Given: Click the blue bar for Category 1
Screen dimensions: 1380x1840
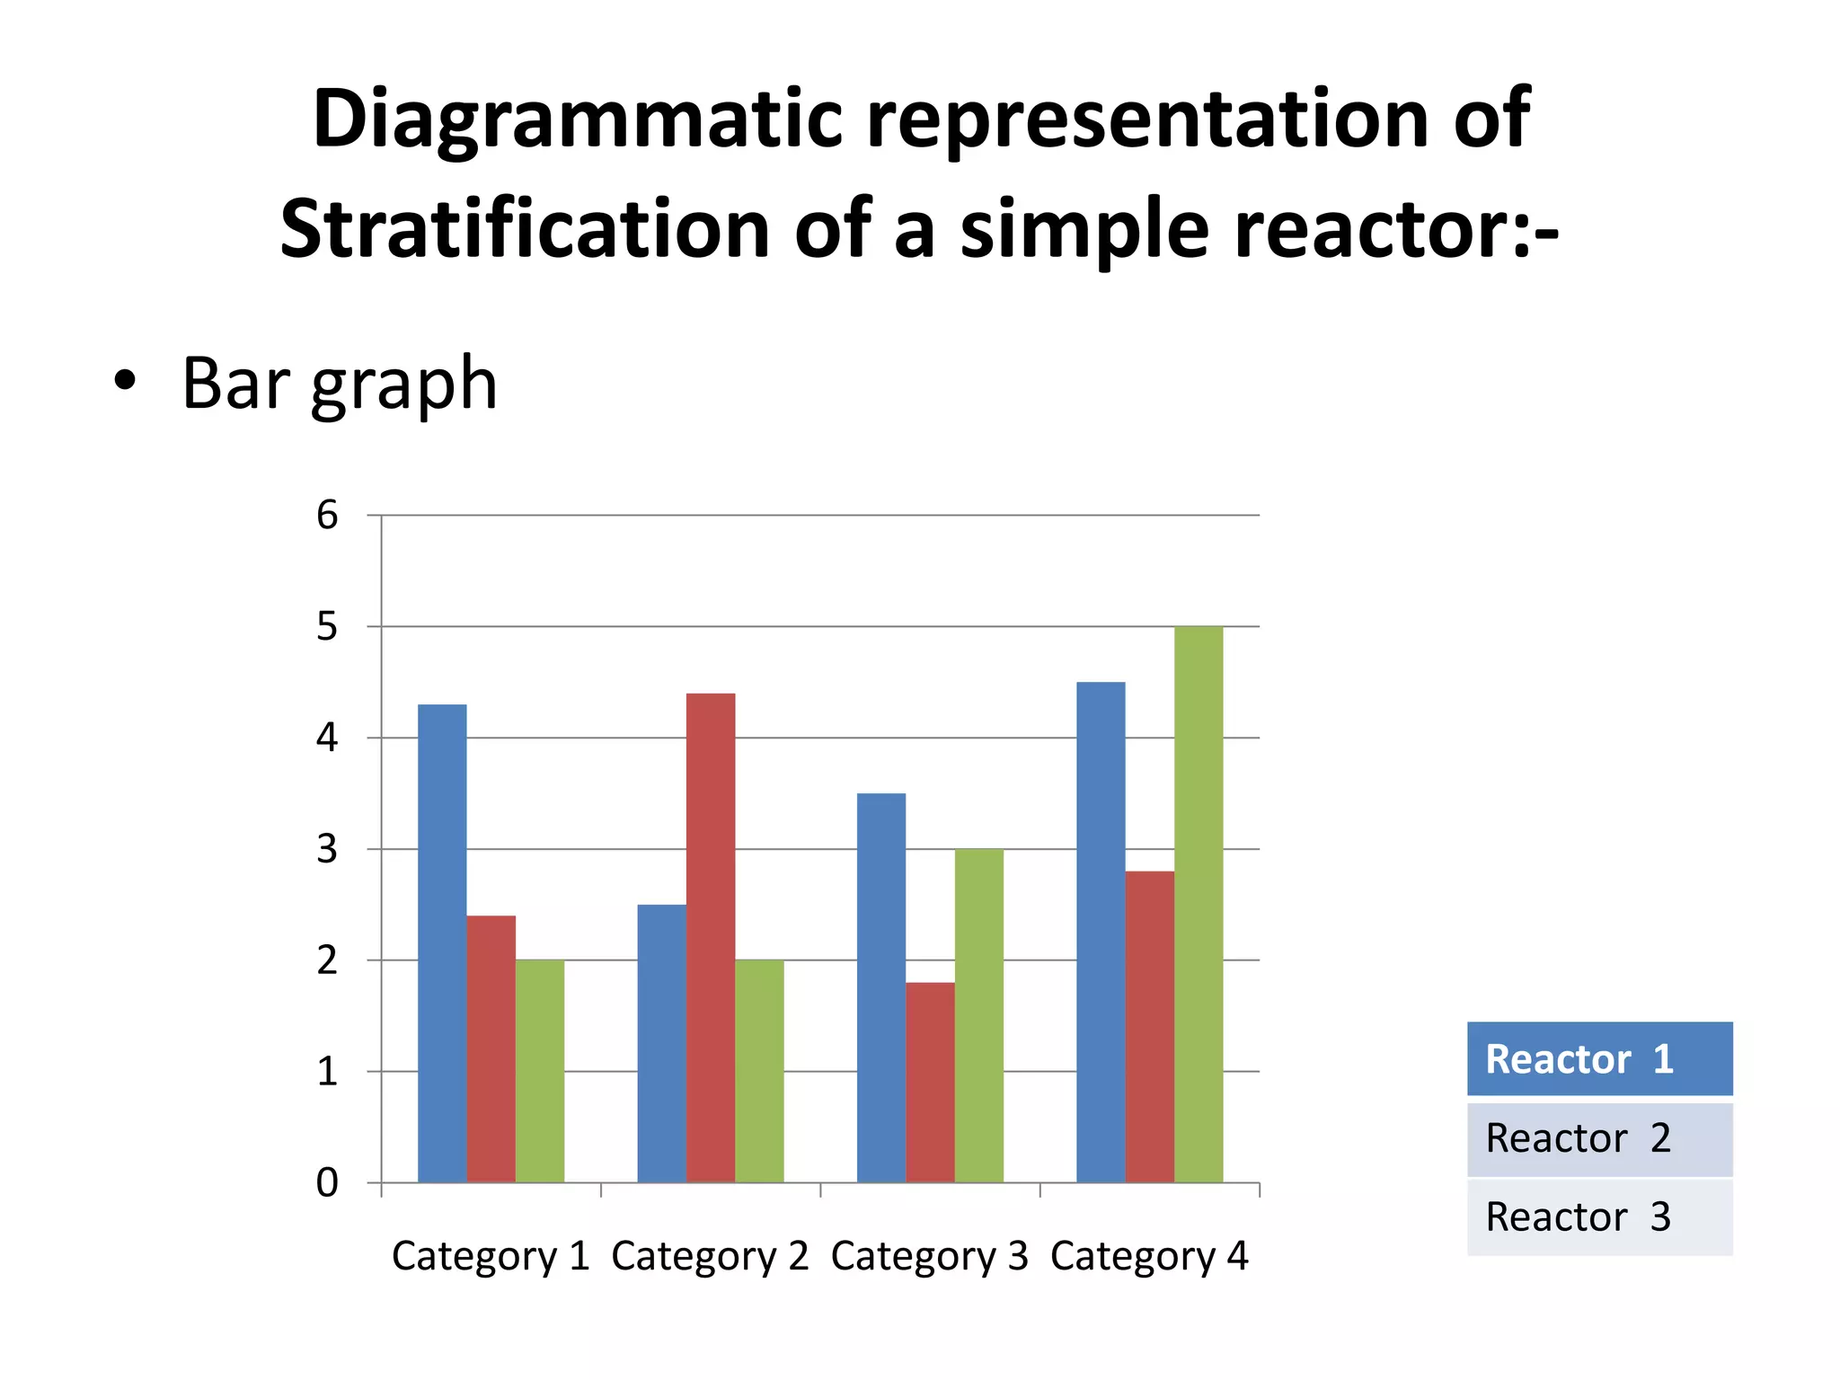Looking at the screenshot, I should (x=442, y=943).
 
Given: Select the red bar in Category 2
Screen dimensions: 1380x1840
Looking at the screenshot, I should (x=711, y=938).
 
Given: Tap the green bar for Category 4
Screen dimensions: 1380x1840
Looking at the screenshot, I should (x=1199, y=904).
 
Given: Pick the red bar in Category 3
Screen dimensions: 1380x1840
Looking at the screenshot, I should (x=930, y=1082).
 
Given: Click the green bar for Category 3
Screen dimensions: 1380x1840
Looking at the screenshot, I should (x=979, y=1015).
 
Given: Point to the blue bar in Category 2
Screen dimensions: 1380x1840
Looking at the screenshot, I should (x=661, y=1043).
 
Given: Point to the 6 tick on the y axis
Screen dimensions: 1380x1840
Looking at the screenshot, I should (x=327, y=516).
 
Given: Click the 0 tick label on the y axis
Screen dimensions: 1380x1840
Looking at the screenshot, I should (x=327, y=1183).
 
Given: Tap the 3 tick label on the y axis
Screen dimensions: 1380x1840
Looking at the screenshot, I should (x=327, y=849).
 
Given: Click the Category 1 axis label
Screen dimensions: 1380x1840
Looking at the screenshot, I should (x=491, y=1256).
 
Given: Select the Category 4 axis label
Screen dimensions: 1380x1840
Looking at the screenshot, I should (x=1149, y=1256).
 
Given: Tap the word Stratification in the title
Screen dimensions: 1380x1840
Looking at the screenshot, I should (x=525, y=230).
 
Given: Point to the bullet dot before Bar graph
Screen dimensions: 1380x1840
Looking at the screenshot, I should (x=125, y=381).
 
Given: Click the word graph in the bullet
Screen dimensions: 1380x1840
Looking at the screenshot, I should (x=403, y=385).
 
